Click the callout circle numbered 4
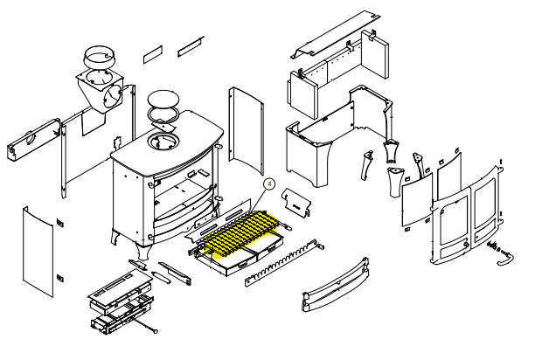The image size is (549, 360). [x=270, y=184]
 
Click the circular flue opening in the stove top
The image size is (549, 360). [x=163, y=141]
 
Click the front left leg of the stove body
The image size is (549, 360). [x=116, y=237]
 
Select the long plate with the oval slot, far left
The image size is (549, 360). [x=30, y=138]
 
